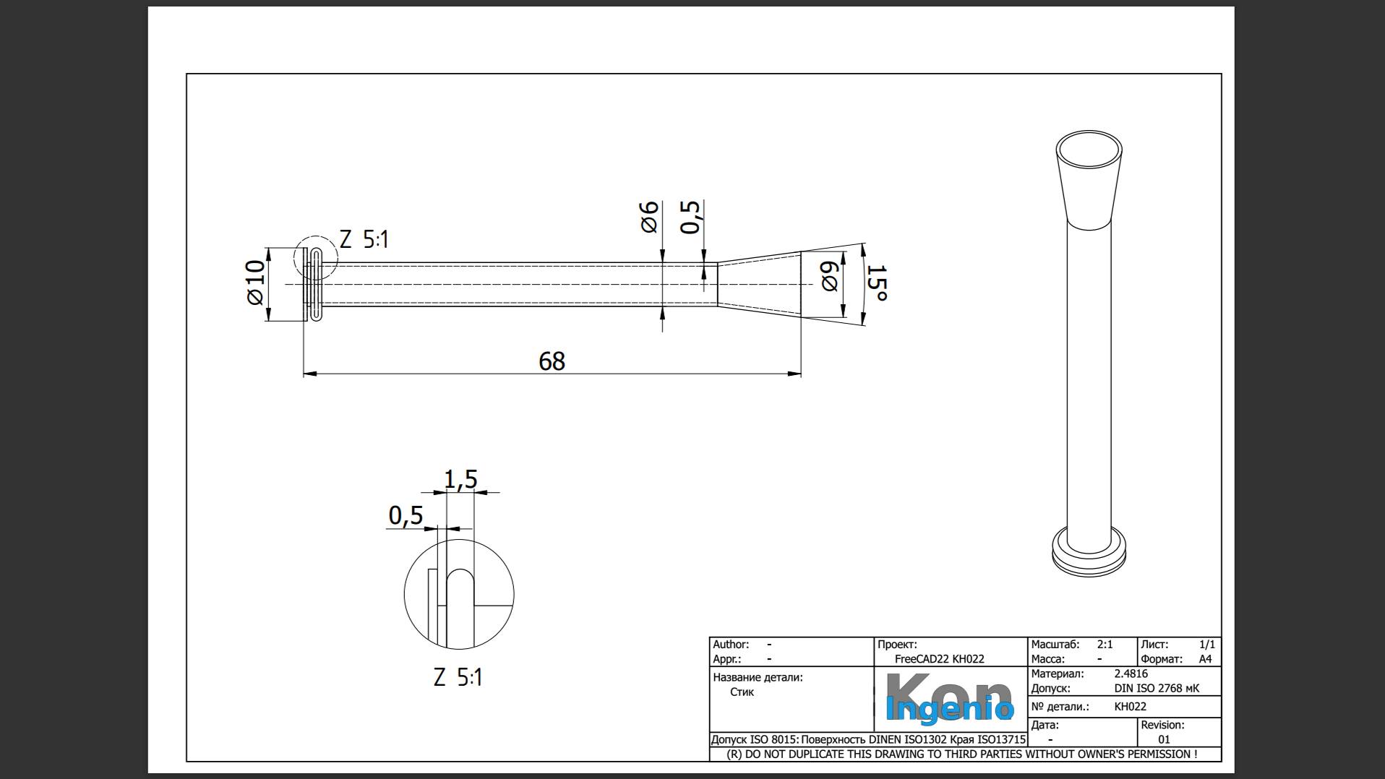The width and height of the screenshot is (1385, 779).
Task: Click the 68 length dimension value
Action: coord(552,361)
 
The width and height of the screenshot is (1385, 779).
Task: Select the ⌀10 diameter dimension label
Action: coord(255,283)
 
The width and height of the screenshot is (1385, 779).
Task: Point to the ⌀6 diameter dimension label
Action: coord(649,217)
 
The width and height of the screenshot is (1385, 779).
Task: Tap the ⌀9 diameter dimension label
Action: coord(829,276)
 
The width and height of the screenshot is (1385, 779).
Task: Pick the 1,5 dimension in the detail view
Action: coord(460,479)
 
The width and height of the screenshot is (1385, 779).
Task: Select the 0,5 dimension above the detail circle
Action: coord(406,515)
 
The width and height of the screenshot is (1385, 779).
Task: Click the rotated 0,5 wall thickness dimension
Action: coord(691,217)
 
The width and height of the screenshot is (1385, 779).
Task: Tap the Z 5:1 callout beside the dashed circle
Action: coord(364,239)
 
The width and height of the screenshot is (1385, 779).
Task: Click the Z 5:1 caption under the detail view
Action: coord(458,677)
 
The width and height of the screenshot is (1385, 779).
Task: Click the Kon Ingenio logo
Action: coord(948,699)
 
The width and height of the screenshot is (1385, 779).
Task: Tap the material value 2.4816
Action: coord(1131,673)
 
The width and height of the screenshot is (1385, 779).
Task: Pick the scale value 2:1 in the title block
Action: coord(1105,644)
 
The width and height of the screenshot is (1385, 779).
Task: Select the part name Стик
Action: coord(742,692)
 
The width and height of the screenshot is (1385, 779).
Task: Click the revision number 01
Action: coord(1164,739)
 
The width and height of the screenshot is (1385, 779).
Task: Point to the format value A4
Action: coord(1205,659)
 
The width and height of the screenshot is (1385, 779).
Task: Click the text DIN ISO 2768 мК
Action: coord(1157,688)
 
